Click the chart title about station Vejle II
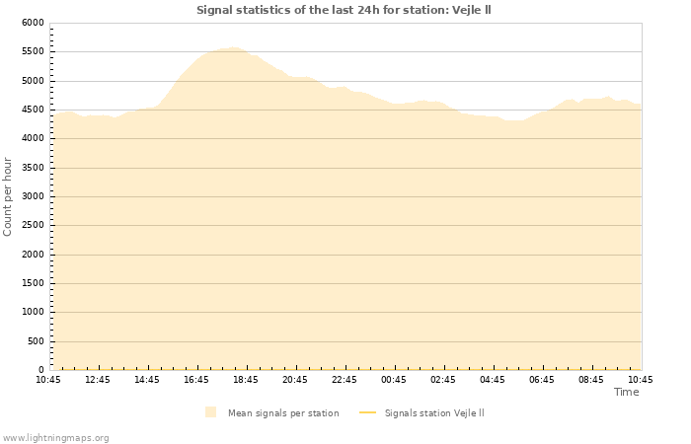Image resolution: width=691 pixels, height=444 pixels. coord(344,10)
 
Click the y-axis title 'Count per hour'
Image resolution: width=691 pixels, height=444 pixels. coord(9,195)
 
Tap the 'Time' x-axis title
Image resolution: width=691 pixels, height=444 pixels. coord(626,392)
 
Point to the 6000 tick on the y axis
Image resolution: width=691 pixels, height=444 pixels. coord(33,23)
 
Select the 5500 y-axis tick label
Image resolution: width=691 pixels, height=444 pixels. coord(33,51)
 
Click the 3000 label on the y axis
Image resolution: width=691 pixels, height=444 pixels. coord(33,196)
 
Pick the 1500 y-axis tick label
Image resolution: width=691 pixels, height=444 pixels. coord(33,283)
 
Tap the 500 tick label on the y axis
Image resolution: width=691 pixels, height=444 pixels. coord(36,341)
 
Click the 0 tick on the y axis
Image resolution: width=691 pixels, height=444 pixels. coord(41,370)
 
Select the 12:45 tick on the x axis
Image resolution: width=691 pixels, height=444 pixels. coord(98,380)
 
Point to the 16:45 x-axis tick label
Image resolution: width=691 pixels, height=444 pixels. coord(196,380)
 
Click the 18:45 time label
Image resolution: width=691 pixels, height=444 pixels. coord(246,380)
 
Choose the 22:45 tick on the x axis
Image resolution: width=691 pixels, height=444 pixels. coord(345,380)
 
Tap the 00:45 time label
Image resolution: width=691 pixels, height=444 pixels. coord(394,380)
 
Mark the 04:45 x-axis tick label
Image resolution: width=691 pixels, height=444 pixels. coord(493,380)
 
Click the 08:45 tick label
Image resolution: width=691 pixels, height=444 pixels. coord(591,380)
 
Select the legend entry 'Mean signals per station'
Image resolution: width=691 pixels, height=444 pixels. coord(282,413)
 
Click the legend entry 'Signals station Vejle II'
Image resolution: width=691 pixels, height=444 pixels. coord(433,413)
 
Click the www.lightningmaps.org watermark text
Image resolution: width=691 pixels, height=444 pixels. coord(55,438)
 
